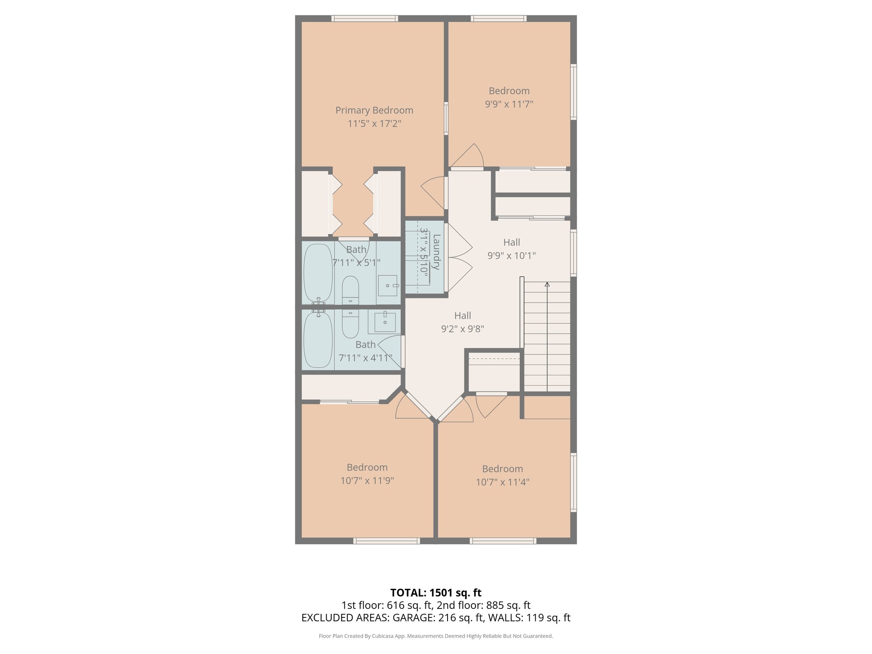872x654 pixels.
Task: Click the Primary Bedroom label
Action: tap(374, 110)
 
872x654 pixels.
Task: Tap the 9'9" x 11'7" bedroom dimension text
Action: tap(509, 104)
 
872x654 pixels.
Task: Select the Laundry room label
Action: tap(436, 252)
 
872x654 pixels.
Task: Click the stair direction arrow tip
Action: tap(547, 284)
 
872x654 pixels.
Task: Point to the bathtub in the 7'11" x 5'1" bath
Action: tap(318, 272)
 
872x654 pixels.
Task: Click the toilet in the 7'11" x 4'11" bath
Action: tap(350, 324)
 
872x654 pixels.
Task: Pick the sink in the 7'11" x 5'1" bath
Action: tap(387, 286)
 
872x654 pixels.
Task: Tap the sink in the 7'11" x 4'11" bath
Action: tap(385, 322)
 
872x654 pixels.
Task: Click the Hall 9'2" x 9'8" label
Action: tap(462, 316)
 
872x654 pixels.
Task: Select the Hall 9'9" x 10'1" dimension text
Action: tap(511, 255)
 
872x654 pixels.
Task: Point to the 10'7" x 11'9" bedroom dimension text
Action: tap(367, 481)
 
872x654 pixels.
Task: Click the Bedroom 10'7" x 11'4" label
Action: tap(502, 469)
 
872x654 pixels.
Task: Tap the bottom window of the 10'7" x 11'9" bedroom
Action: tap(387, 541)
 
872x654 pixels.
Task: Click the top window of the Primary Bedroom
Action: tap(364, 18)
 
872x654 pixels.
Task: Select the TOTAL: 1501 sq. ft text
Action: tap(436, 593)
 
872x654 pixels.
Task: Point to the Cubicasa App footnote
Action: tap(436, 636)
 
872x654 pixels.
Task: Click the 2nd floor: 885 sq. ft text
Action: tap(484, 605)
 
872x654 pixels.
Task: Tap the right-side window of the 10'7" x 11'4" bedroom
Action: tap(574, 482)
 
